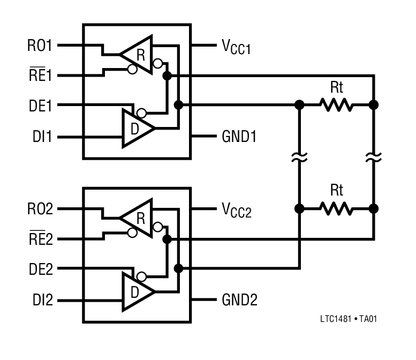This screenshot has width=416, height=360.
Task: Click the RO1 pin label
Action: click(x=40, y=46)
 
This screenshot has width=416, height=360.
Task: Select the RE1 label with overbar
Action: click(x=40, y=76)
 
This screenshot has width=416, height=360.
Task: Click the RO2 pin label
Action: click(x=40, y=209)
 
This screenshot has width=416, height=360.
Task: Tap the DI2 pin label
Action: click(x=41, y=301)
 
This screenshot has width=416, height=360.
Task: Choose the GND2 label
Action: click(x=239, y=301)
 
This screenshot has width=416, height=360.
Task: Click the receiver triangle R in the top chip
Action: click(x=138, y=54)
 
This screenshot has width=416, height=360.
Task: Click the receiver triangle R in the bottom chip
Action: click(x=138, y=217)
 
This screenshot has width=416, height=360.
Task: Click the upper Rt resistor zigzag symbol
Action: click(x=337, y=105)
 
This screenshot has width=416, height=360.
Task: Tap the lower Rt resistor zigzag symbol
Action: click(x=337, y=208)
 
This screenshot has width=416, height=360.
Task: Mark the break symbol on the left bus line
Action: click(x=300, y=157)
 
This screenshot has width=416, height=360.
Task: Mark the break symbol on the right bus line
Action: click(x=374, y=157)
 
